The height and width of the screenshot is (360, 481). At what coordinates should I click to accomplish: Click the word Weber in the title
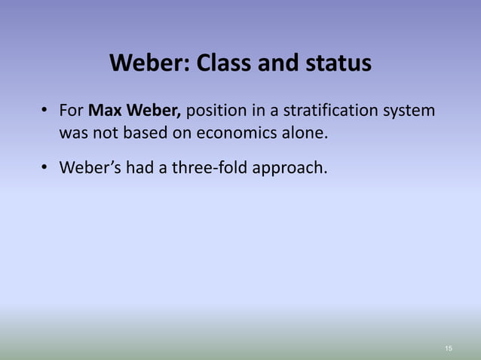(x=149, y=63)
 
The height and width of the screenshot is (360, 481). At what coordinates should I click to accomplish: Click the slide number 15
(x=449, y=348)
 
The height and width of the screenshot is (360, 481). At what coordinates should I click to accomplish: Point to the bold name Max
(x=105, y=111)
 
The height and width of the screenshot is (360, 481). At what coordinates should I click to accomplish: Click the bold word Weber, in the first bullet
(x=153, y=111)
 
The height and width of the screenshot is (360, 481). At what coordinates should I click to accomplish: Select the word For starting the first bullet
(x=72, y=111)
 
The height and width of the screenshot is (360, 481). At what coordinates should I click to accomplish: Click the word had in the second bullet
(x=136, y=167)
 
